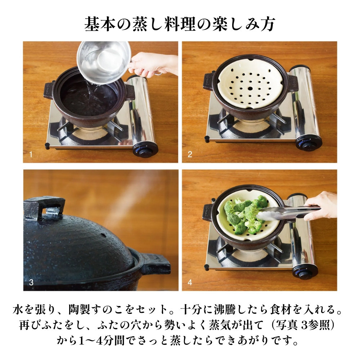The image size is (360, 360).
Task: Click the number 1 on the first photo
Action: (x=31, y=155)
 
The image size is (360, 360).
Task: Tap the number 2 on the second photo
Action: (x=190, y=155)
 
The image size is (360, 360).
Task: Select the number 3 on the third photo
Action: (x=31, y=283)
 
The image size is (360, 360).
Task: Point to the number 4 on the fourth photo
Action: (x=190, y=283)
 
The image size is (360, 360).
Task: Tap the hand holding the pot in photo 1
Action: (x=155, y=65)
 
